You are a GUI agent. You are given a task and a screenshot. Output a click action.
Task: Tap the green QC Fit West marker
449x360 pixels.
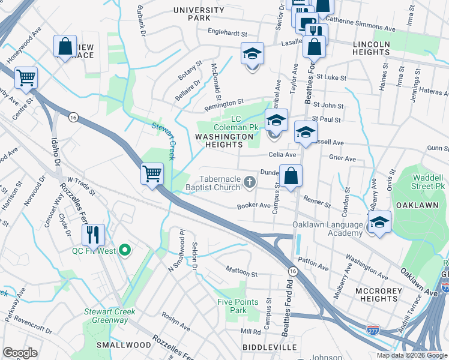tap(125, 250)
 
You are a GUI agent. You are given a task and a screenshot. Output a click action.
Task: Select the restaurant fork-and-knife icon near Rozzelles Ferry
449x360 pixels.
tap(92, 234)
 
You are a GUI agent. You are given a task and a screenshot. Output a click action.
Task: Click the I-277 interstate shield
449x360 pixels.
tap(372, 329)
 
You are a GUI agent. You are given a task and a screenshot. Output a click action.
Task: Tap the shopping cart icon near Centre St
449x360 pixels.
tap(26, 77)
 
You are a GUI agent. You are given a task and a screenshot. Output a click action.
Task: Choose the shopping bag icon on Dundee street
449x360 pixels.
tap(291, 176)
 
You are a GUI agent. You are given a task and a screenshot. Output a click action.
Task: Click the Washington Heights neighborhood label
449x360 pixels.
tap(224, 140)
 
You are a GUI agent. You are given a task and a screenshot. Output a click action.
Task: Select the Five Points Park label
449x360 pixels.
tap(238, 306)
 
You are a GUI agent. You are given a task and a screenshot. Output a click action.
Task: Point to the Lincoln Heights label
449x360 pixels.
tap(381, 49)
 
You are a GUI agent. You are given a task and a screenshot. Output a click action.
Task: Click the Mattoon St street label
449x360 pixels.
tap(241, 274)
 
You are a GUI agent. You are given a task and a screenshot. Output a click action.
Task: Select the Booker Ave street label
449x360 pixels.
tap(253, 206)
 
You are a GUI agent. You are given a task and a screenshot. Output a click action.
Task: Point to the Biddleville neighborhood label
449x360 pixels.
tap(270, 347)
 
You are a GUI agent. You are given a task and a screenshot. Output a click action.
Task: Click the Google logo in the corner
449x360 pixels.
tap(20, 353)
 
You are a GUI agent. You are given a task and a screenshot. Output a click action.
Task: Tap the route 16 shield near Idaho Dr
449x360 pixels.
tap(73, 116)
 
